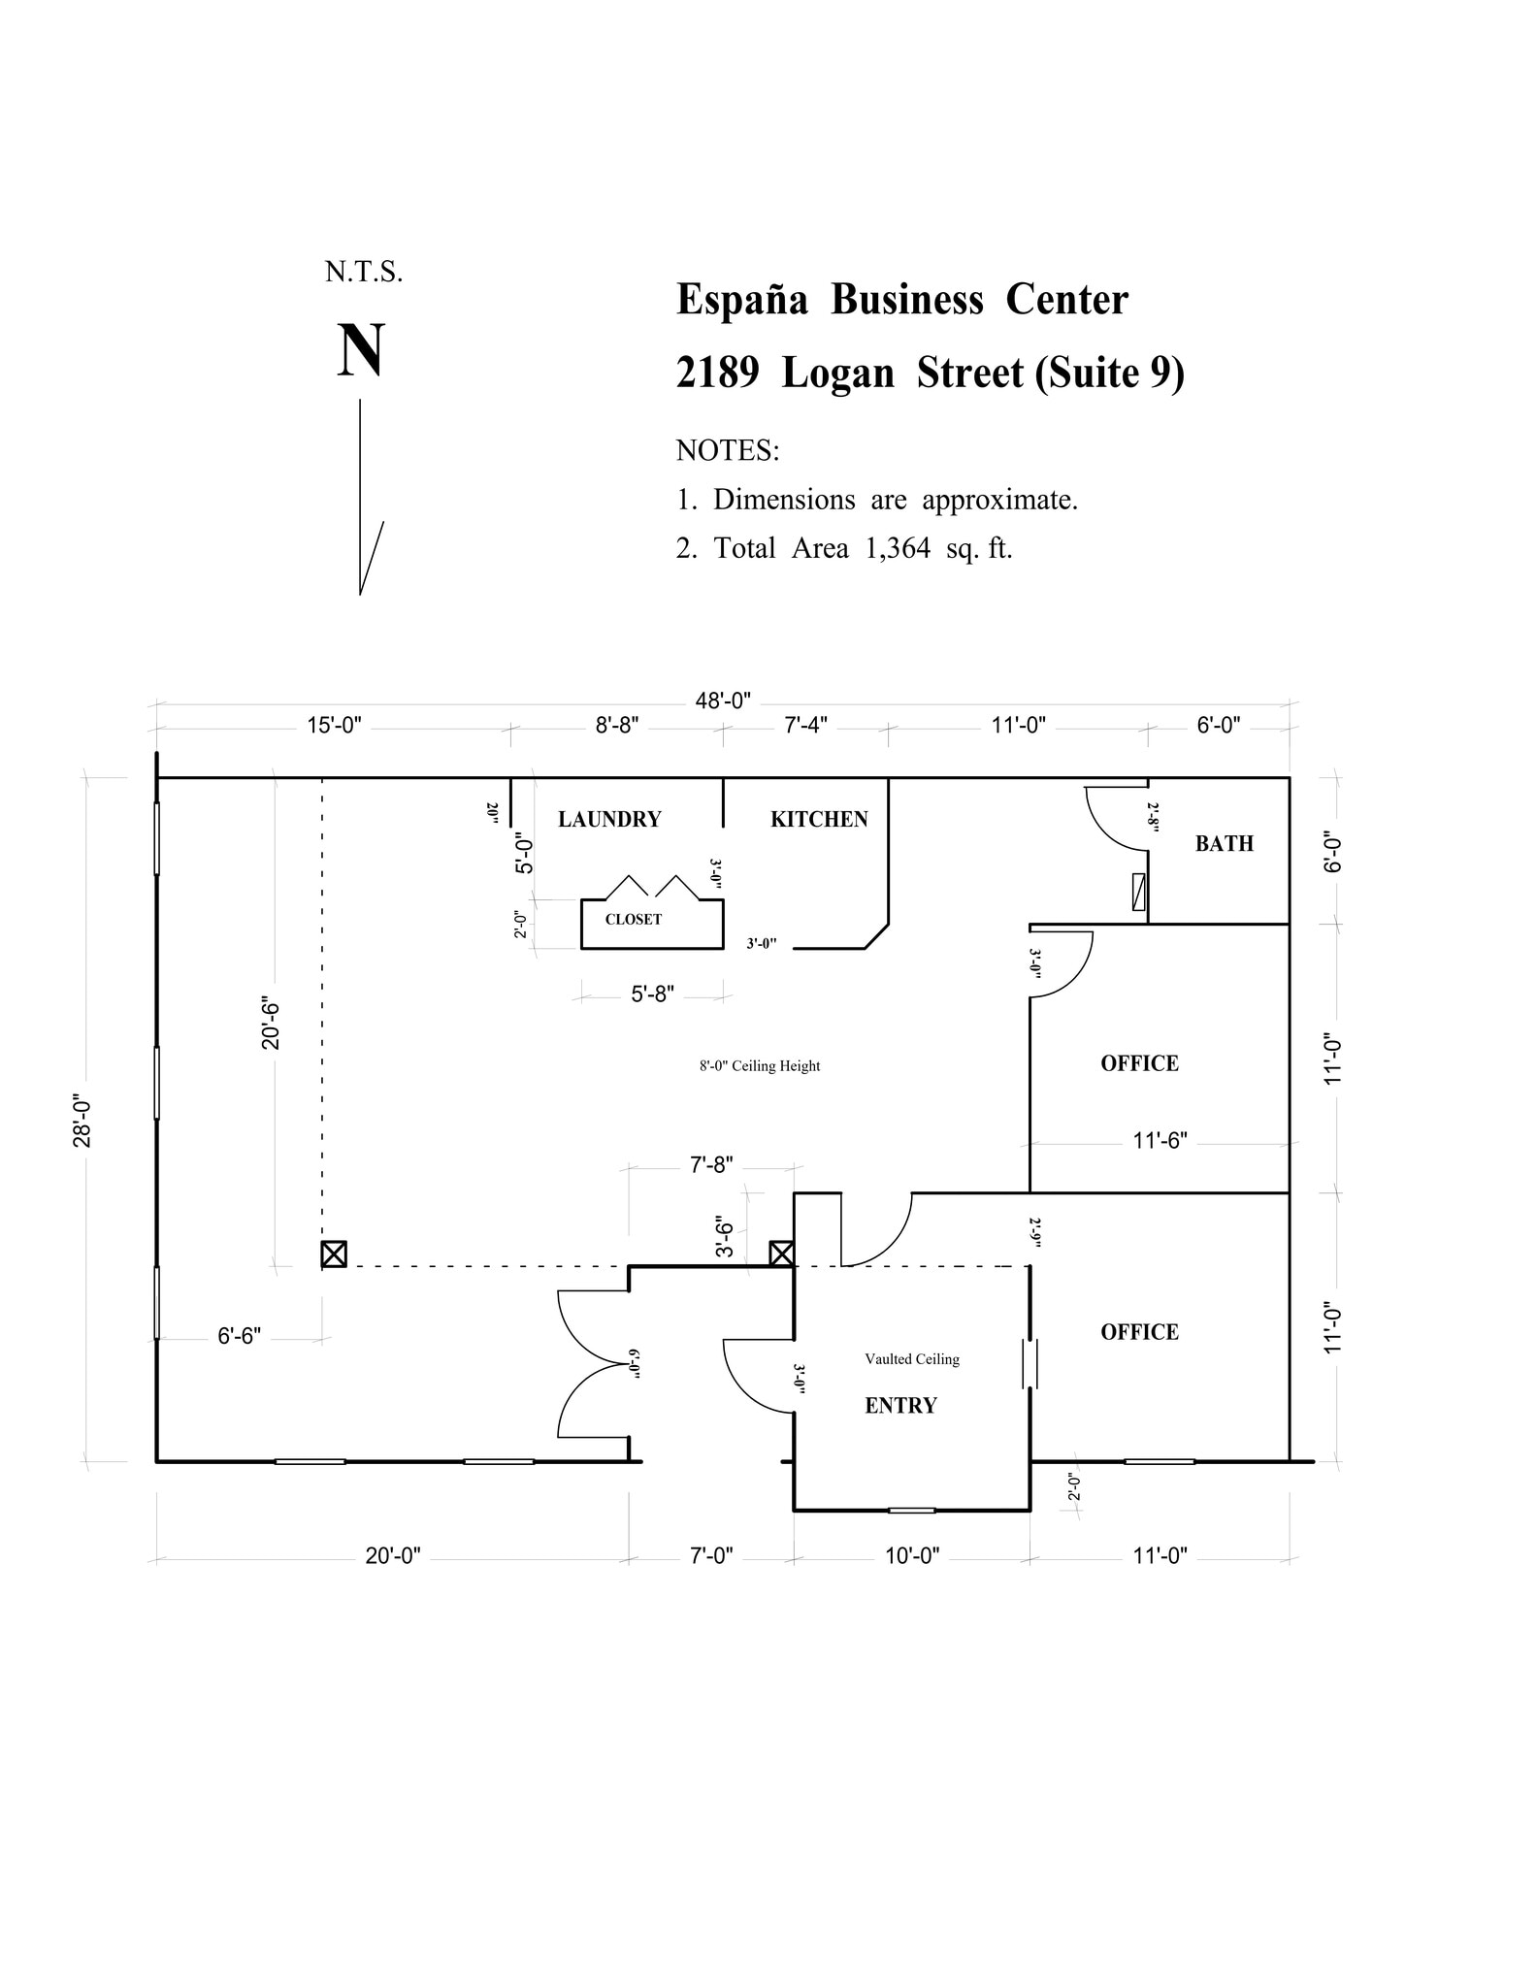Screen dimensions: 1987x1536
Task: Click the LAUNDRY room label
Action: pyautogui.click(x=609, y=820)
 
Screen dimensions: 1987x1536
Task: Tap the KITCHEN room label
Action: pyautogui.click(x=819, y=820)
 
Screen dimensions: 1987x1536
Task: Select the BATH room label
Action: pyautogui.click(x=1224, y=844)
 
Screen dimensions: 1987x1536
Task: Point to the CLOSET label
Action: pyautogui.click(x=633, y=920)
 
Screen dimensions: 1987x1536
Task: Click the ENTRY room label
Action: pyautogui.click(x=900, y=1406)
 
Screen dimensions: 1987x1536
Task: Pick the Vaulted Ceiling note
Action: pyautogui.click(x=912, y=1359)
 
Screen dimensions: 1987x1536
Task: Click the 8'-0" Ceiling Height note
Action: pyautogui.click(x=760, y=1066)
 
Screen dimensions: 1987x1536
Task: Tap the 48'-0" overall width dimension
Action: pyautogui.click(x=723, y=700)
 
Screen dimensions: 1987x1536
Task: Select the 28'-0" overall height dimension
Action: pyautogui.click(x=82, y=1122)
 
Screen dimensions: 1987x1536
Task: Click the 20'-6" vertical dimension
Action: pyautogui.click(x=271, y=1025)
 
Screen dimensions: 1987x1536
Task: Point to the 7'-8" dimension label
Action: pyautogui.click(x=711, y=1165)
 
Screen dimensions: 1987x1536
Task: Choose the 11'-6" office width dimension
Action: pyautogui.click(x=1160, y=1141)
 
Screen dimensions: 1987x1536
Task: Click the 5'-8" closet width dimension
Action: pyautogui.click(x=652, y=994)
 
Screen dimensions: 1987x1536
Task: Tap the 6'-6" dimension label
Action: pyautogui.click(x=239, y=1337)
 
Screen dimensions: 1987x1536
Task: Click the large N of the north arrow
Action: pyautogui.click(x=361, y=351)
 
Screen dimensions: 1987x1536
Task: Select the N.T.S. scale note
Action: pyautogui.click(x=364, y=273)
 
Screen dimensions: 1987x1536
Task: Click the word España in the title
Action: pyautogui.click(x=741, y=300)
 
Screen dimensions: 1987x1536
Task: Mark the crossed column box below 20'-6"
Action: pyautogui.click(x=334, y=1254)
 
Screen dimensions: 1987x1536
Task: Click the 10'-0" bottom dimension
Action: pyautogui.click(x=912, y=1556)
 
